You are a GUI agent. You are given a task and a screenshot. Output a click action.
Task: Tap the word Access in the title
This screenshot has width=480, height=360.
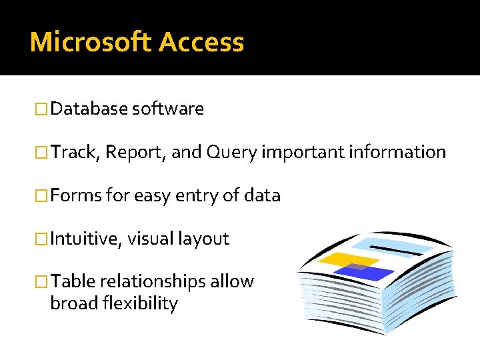pos(201,42)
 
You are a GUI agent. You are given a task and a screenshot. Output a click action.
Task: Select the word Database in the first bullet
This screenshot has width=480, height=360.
pos(89,109)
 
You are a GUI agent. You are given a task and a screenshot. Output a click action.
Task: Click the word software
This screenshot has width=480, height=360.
pos(168,109)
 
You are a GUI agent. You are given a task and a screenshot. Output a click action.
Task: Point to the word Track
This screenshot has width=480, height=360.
pos(75,152)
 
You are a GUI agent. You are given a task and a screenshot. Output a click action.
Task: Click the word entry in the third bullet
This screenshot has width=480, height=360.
pos(183,196)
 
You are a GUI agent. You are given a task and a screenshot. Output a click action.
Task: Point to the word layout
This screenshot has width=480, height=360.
pos(203,239)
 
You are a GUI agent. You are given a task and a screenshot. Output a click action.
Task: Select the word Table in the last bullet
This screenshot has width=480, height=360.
pos(73,281)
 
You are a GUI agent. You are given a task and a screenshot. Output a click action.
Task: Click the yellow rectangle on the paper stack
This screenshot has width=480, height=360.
pos(339,259)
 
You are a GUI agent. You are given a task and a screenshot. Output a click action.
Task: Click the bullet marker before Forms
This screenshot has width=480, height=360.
pos(42,196)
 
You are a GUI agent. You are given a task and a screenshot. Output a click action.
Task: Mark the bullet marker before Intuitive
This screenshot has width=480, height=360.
pos(42,239)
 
